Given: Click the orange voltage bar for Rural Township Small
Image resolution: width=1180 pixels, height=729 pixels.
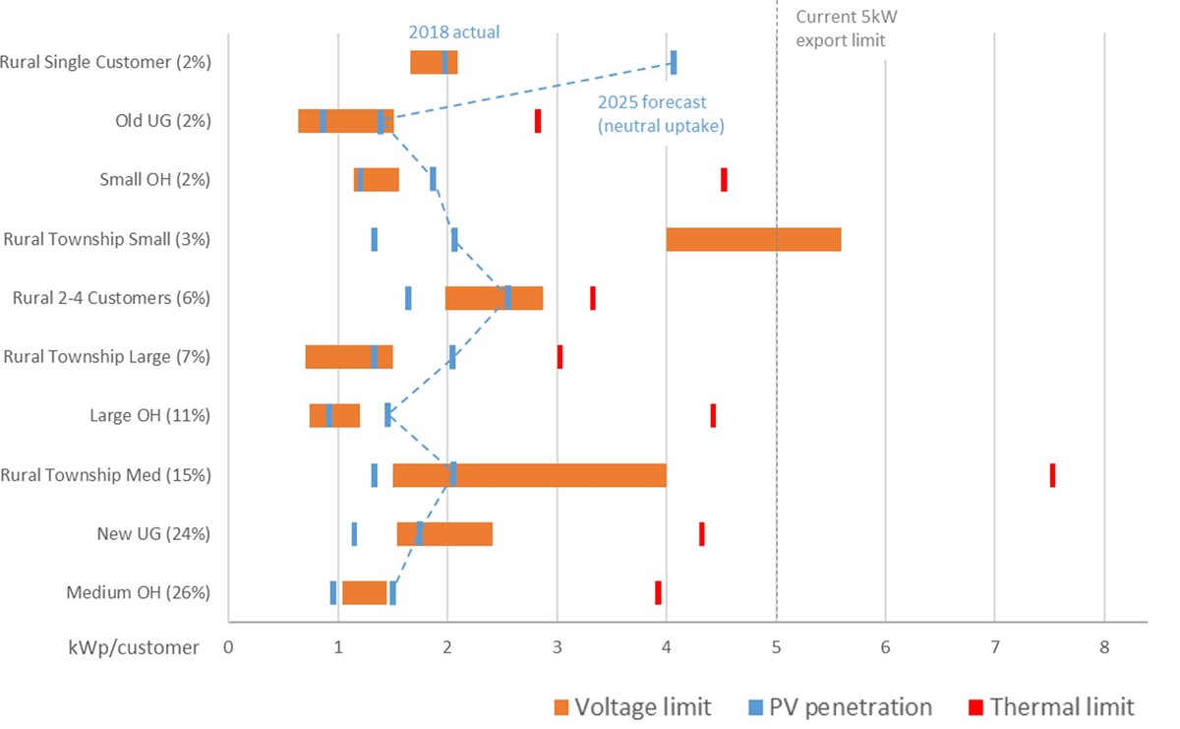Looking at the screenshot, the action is (753, 239).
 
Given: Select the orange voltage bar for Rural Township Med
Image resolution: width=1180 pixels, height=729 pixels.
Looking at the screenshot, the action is (529, 475).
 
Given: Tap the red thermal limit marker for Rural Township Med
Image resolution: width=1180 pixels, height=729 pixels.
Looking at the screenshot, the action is (1052, 475).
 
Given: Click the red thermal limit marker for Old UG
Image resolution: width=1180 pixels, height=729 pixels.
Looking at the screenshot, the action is (537, 121).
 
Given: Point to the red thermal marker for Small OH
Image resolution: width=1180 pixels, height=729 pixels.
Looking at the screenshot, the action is (724, 180).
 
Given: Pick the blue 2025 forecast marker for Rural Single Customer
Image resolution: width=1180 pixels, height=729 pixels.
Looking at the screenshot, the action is (674, 62).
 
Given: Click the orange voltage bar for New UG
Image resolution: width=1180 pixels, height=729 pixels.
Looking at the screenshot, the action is (444, 534).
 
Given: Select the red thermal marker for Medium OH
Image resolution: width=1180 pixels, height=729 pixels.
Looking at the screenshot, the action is (658, 592).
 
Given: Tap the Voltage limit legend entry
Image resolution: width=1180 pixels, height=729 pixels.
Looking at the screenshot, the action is (632, 706).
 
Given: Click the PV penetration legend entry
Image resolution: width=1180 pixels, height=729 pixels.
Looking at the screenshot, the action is (840, 706).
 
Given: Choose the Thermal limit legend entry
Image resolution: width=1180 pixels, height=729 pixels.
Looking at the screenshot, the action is (1051, 706).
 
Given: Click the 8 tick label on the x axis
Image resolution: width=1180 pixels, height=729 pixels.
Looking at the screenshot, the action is (1104, 646).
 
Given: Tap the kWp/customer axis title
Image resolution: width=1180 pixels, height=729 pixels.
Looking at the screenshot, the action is (134, 647).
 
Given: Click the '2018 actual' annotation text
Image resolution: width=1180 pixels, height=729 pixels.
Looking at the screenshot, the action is (454, 32).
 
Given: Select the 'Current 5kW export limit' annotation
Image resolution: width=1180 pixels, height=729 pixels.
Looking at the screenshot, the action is (847, 29).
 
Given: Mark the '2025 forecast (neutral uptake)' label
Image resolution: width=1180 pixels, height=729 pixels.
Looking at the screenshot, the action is (661, 114).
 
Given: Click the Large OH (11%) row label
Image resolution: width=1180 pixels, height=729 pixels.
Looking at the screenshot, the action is (150, 415).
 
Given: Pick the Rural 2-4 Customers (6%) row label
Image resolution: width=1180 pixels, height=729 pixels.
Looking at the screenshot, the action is (112, 298).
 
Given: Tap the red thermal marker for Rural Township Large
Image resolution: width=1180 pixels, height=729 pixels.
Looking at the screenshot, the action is (560, 357).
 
